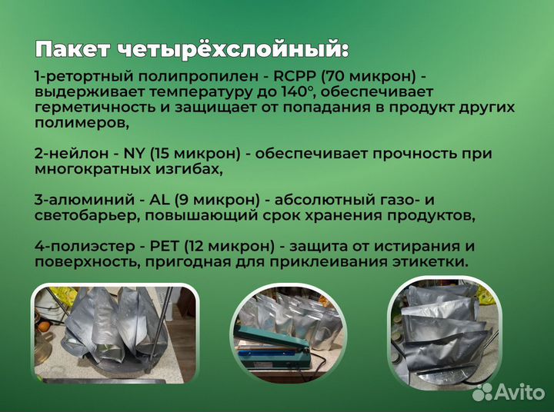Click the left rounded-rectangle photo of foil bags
(114, 334)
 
